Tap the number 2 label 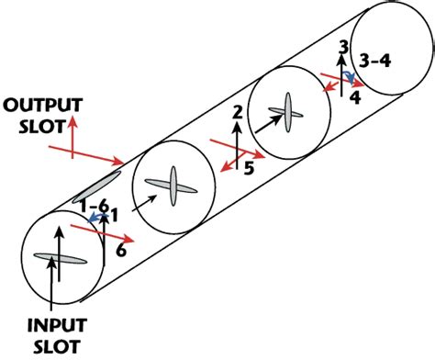click(236, 113)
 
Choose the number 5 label click(248, 166)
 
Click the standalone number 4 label click(355, 95)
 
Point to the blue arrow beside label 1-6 click(95, 218)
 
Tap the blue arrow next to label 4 click(349, 81)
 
